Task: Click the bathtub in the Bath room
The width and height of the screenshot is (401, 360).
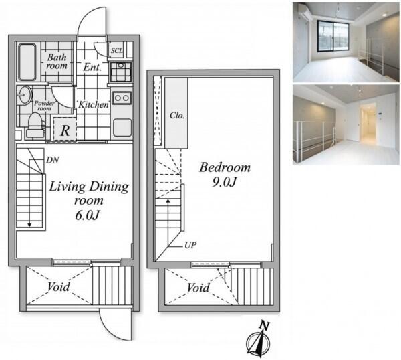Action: click(x=27, y=62)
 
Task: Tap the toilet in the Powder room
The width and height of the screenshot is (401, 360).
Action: click(x=36, y=125)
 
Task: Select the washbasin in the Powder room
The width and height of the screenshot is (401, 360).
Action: click(x=25, y=95)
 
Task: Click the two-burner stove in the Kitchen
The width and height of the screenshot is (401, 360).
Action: click(x=122, y=98)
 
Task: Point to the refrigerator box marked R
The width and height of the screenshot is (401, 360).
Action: click(x=65, y=128)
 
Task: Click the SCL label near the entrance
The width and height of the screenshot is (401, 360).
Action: click(x=116, y=50)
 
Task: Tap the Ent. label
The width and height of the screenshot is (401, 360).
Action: click(x=92, y=67)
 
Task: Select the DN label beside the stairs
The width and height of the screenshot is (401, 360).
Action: click(x=53, y=161)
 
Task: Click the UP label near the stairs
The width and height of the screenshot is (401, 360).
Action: click(x=190, y=245)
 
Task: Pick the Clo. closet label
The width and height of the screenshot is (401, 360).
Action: click(x=177, y=116)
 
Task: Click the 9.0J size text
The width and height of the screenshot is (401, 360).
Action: click(x=223, y=182)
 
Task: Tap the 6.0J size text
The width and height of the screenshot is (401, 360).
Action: click(x=87, y=215)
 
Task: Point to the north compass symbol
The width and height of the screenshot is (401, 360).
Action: click(x=258, y=343)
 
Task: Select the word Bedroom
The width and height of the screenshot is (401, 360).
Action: click(x=225, y=167)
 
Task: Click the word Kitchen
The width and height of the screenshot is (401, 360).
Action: click(x=94, y=104)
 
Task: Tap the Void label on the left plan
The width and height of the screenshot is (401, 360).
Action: click(x=59, y=287)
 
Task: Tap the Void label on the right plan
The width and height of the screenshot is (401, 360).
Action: click(x=198, y=288)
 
